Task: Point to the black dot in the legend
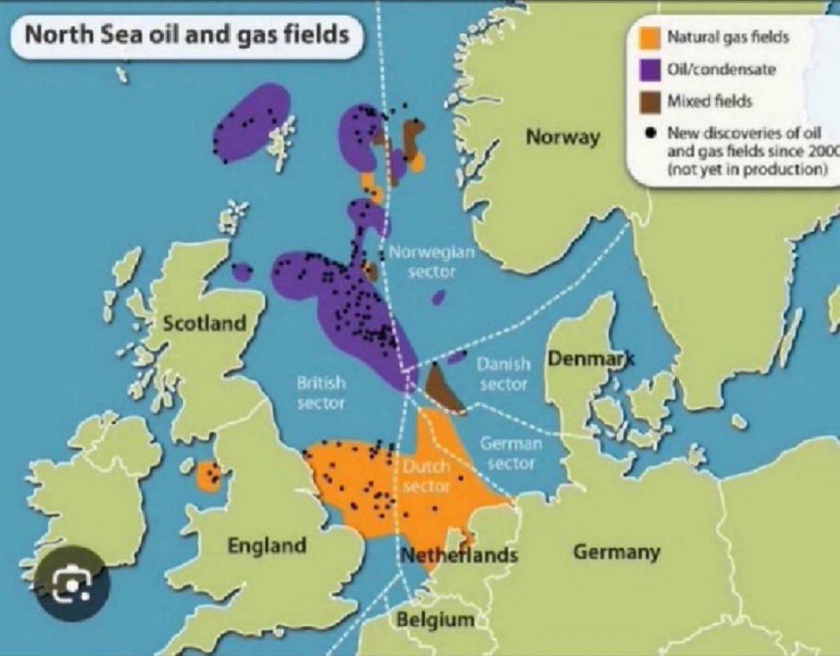[x=650, y=134]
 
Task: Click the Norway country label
[x=562, y=137]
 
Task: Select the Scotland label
[x=204, y=323]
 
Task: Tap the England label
[x=267, y=546]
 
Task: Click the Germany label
[x=617, y=552]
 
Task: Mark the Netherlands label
[x=459, y=556]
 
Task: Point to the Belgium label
[x=435, y=619]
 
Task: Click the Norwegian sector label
[x=432, y=262]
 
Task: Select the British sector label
[x=321, y=393]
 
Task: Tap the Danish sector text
[x=503, y=374]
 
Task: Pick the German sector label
[x=511, y=453]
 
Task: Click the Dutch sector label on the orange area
[x=426, y=476]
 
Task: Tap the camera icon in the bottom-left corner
[x=71, y=584]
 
